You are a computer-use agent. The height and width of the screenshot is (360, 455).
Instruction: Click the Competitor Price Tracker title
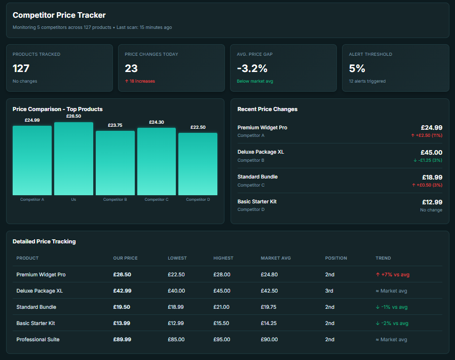59,15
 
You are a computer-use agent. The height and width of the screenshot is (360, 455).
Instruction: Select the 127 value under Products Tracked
22,68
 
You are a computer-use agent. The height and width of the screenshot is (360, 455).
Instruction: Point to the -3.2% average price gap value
252,68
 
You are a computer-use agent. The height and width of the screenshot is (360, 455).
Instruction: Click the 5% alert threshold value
357,68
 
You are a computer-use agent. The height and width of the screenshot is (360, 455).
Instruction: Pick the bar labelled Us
73,159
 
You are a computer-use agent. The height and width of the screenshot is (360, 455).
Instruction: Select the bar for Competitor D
198,164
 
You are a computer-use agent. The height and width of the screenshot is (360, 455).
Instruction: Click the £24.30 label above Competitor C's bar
157,122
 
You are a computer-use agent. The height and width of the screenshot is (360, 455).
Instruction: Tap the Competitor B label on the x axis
115,199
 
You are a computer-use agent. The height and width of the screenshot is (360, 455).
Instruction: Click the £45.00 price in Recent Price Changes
431,152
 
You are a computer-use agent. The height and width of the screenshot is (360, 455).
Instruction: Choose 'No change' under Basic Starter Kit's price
431,210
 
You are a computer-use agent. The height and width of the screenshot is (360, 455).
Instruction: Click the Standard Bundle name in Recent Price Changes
257,176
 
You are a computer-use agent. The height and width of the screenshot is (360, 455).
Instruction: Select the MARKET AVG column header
276,258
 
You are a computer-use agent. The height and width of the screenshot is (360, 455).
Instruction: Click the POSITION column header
336,258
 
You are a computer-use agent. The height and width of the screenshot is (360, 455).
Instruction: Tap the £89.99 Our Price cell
122,339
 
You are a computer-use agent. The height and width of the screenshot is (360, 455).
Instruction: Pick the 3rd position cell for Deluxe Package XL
329,291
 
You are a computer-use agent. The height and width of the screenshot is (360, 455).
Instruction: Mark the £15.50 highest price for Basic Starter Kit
221,323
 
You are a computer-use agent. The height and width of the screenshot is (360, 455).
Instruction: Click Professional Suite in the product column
38,339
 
